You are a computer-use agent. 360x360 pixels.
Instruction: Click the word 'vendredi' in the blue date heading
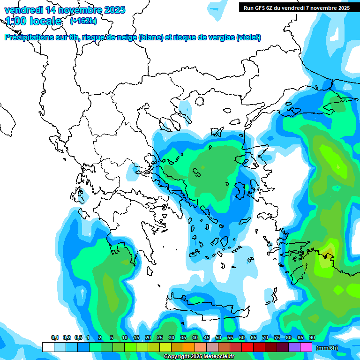point(22,10)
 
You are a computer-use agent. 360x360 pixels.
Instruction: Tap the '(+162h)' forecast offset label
point(83,21)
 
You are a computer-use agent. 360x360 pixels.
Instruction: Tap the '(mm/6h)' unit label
point(327,348)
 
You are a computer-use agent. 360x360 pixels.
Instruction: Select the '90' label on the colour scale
point(312,338)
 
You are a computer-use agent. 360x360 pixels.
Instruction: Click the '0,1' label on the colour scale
point(55,338)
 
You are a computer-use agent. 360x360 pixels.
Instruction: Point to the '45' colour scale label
point(207,338)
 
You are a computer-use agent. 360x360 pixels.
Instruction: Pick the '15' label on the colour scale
point(136,338)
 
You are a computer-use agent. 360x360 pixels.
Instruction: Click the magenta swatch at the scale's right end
point(306,347)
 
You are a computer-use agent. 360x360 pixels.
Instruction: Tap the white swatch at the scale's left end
point(48,347)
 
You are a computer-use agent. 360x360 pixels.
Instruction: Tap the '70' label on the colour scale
point(265,338)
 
